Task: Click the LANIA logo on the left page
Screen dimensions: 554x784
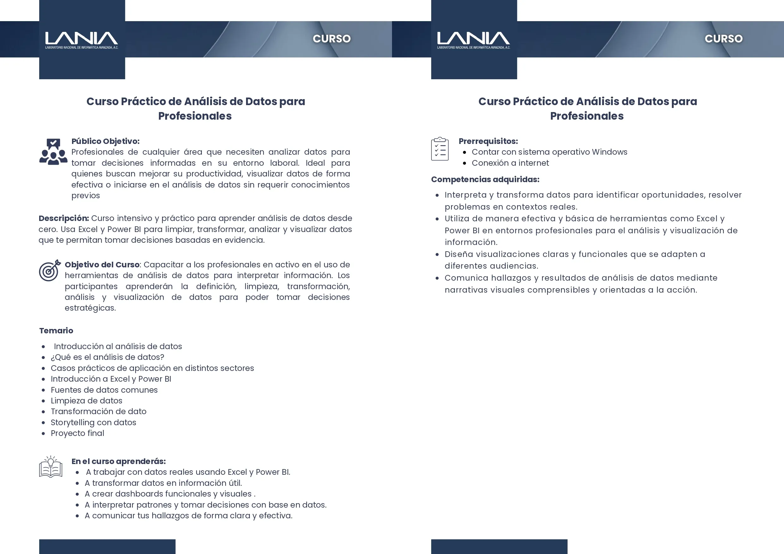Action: tap(81, 39)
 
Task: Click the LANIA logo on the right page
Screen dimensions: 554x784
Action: tap(473, 39)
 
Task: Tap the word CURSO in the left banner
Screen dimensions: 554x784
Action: tap(332, 39)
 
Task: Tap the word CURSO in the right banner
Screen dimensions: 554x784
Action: tap(724, 39)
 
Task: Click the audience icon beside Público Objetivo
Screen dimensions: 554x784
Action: tap(53, 152)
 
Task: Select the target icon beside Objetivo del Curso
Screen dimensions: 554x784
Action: tap(50, 271)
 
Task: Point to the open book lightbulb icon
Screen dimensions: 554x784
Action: tap(51, 467)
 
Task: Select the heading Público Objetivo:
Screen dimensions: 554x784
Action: tap(105, 141)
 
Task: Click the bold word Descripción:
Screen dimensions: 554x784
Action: tap(63, 218)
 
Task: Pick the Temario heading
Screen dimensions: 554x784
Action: tap(56, 331)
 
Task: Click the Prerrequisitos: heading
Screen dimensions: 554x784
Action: tap(488, 141)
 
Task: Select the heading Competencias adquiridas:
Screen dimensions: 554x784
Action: tap(485, 180)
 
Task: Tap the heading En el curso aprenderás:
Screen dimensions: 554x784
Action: tap(118, 462)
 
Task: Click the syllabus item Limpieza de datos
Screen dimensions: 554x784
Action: tap(86, 401)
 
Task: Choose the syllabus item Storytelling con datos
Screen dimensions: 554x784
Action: tap(93, 423)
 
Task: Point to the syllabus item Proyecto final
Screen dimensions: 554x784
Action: tap(77, 433)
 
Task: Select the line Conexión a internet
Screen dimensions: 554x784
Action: tap(510, 163)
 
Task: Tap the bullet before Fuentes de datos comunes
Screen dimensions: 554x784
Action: tap(43, 390)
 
